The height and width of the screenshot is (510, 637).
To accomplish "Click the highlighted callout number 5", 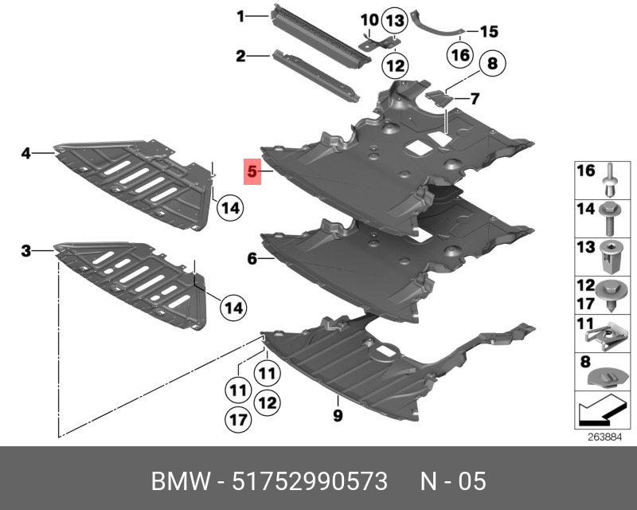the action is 252,171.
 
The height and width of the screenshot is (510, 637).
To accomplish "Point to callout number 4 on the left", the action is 26,151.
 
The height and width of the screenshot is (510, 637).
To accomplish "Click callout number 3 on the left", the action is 26,252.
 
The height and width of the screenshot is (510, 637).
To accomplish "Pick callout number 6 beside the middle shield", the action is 252,258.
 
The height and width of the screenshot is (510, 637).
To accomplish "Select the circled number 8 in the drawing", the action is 491,62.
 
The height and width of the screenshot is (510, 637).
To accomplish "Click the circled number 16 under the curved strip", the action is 460,55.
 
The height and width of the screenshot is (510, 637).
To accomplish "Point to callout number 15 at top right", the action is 488,32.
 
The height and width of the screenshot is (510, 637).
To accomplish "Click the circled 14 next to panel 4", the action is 229,208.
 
